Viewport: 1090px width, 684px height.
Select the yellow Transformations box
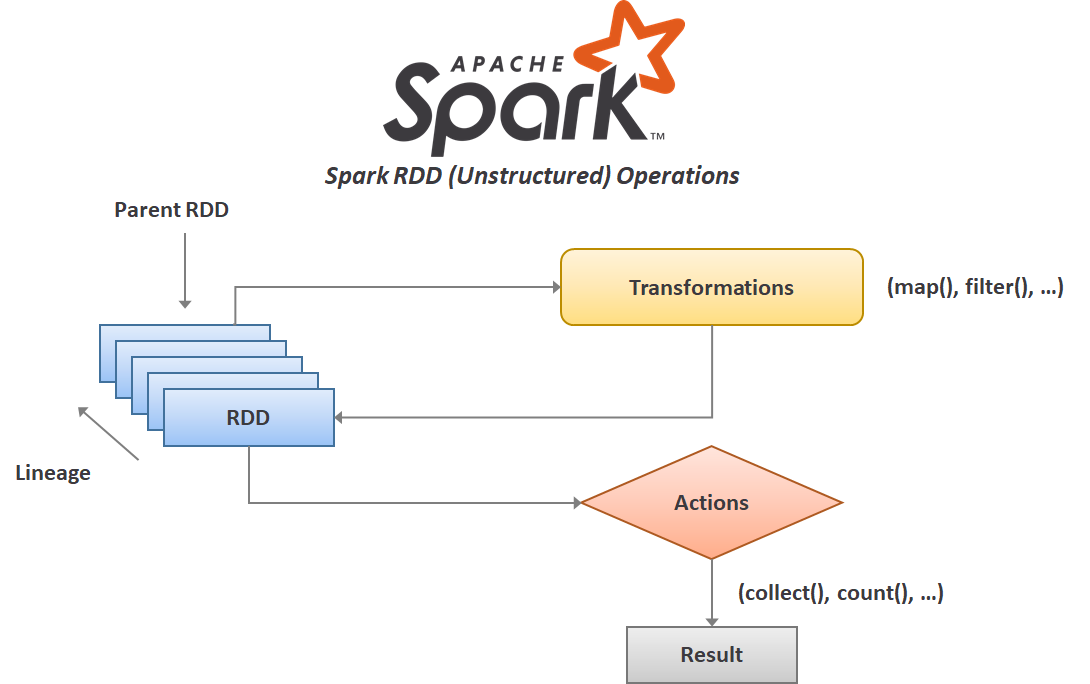[x=711, y=287]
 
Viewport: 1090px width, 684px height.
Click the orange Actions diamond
[x=711, y=502]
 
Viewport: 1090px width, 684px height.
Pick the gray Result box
[x=711, y=655]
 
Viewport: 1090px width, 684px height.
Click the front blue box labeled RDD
[x=248, y=418]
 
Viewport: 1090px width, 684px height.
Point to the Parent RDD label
[x=171, y=210]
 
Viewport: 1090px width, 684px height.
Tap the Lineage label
[x=53, y=473]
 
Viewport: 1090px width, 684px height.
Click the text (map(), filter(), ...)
[x=975, y=288]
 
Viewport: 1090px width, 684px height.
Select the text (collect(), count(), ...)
[x=841, y=593]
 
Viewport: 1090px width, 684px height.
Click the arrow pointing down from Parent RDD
[x=184, y=270]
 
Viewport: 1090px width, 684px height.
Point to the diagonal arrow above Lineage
[x=108, y=433]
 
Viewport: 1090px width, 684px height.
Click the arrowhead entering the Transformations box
[x=554, y=287]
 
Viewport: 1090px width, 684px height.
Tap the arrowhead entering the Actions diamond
[x=576, y=502]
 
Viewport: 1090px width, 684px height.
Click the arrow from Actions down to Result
[x=711, y=592]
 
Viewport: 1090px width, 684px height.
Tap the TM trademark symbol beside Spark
[x=657, y=135]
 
